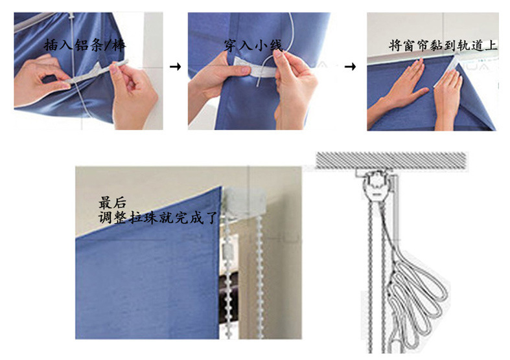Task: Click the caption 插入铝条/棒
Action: point(84,45)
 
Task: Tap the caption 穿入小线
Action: point(253,45)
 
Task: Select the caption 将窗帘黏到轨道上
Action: point(443,46)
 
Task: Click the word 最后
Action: point(112,203)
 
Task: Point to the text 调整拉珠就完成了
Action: point(157,218)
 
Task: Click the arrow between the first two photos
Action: point(176,67)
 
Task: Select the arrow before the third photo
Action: point(350,67)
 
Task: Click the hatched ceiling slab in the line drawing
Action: point(391,160)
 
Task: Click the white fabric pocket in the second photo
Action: point(256,67)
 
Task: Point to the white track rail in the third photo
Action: point(433,58)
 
